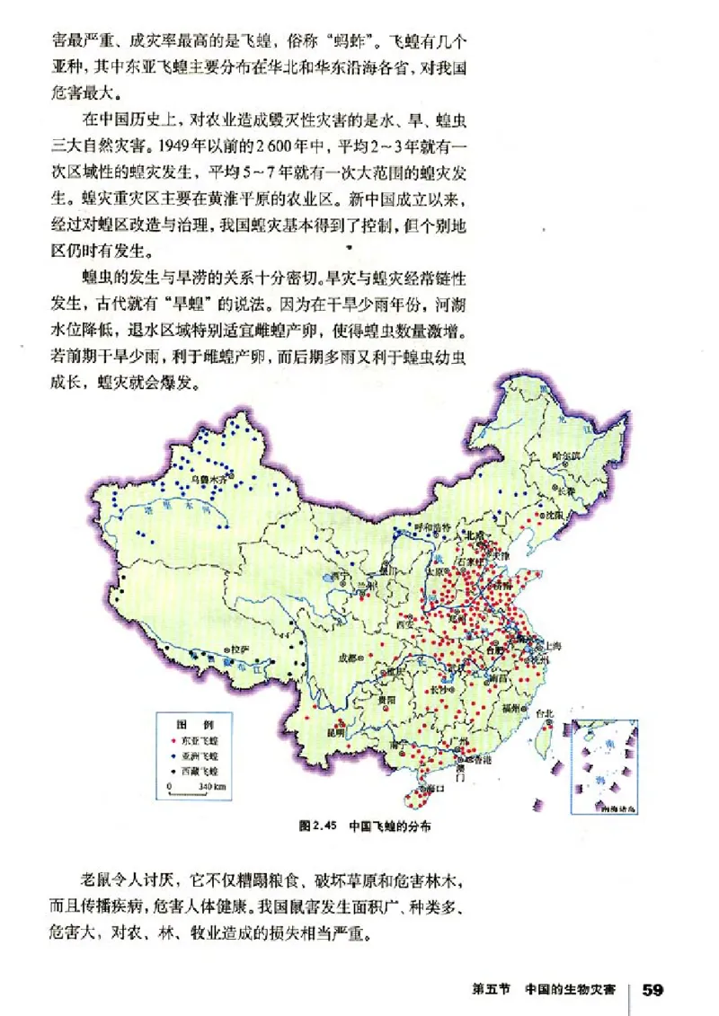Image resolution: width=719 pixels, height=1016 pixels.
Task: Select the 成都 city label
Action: [346, 658]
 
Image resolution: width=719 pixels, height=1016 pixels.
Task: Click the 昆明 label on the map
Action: [335, 732]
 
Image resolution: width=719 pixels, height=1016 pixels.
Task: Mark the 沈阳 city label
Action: [555, 516]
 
